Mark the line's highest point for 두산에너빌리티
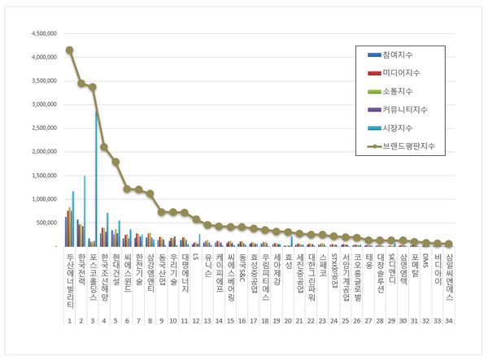tap(69, 50)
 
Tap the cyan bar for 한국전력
tap(85, 210)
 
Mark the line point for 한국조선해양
tap(104, 147)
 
